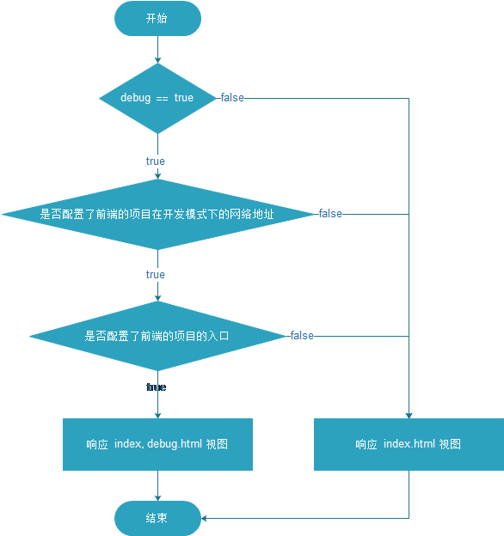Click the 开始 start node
157,18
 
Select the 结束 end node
157,518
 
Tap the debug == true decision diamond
157,98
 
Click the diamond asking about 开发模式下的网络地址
157,214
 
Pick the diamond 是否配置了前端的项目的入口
157,336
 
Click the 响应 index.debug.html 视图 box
157,444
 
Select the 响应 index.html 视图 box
409,444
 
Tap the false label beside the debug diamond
232,98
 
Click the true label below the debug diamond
156,161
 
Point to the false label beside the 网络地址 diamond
330,214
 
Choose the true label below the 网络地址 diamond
156,275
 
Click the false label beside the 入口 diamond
302,336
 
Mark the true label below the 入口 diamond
156,387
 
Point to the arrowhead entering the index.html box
409,414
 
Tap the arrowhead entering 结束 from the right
205,518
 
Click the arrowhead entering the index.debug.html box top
157,414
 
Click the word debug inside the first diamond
135,98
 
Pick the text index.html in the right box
409,444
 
